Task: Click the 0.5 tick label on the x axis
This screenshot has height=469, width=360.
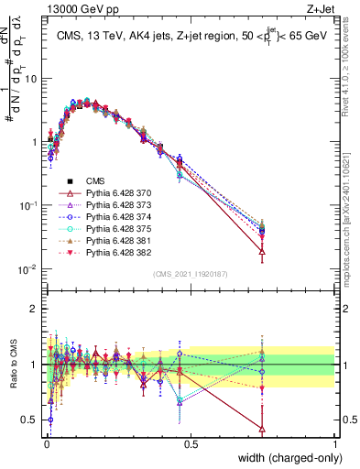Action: pyautogui.click(x=191, y=444)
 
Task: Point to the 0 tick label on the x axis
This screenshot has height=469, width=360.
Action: pyautogui.click(x=47, y=444)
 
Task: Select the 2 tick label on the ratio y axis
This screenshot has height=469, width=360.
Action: pyautogui.click(x=35, y=309)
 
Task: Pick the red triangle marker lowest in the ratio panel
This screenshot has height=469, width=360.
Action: pyautogui.click(x=263, y=429)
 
